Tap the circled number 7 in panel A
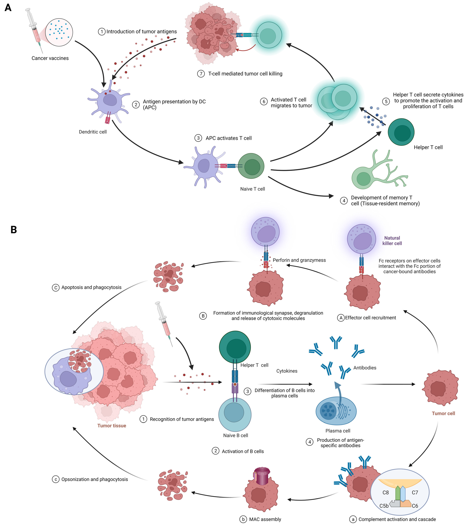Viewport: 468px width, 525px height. pyautogui.click(x=201, y=74)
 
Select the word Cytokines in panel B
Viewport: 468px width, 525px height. pyautogui.click(x=287, y=371)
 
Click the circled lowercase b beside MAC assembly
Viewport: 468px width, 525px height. pyautogui.click(x=243, y=519)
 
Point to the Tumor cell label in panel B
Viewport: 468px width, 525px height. pyautogui.click(x=443, y=413)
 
